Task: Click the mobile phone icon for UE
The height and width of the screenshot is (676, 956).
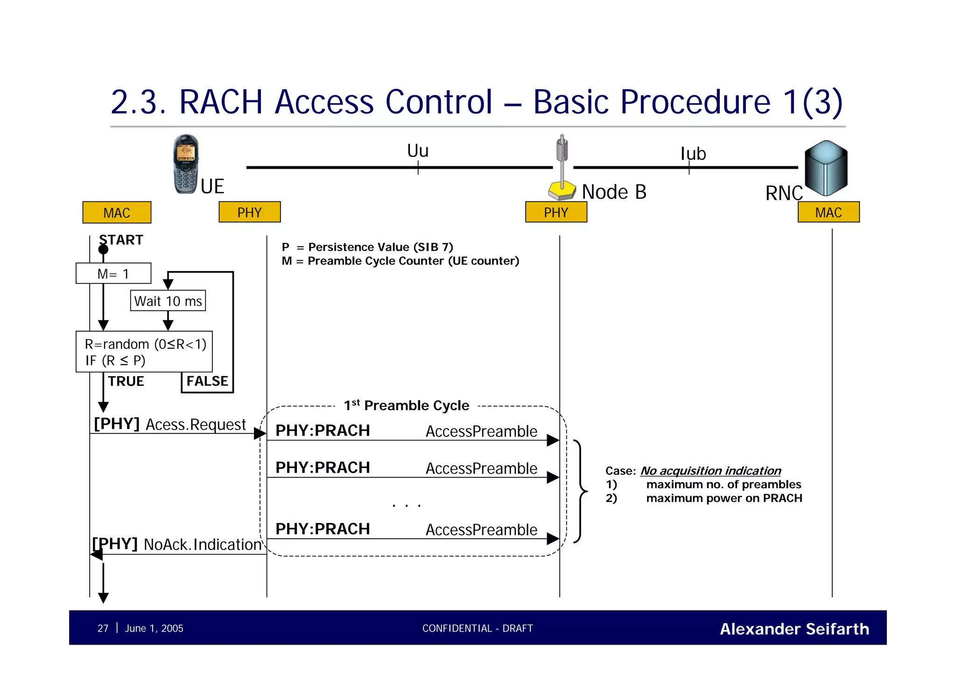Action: pyautogui.click(x=186, y=164)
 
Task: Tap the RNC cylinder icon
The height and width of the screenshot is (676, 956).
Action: pyautogui.click(x=826, y=168)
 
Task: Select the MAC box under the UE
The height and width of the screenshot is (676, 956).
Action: pyautogui.click(x=117, y=213)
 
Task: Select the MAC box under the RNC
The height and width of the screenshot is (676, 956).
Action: pyautogui.click(x=828, y=212)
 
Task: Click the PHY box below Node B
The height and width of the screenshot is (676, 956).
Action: pyautogui.click(x=555, y=212)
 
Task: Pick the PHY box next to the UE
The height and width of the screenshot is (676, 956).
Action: pyautogui.click(x=249, y=212)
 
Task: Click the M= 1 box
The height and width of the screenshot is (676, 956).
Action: pyautogui.click(x=113, y=274)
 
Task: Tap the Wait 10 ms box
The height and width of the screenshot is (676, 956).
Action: pyautogui.click(x=168, y=301)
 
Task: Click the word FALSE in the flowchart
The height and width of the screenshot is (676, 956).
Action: pyautogui.click(x=207, y=381)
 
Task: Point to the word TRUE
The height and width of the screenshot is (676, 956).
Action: pyautogui.click(x=126, y=381)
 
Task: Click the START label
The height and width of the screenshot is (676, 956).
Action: pyautogui.click(x=121, y=240)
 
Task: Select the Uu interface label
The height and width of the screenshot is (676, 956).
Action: pyautogui.click(x=417, y=151)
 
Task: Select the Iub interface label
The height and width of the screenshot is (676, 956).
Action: pyautogui.click(x=693, y=154)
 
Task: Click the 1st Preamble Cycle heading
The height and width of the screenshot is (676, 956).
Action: pyautogui.click(x=406, y=405)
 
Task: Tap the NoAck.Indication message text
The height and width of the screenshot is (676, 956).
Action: pyautogui.click(x=202, y=545)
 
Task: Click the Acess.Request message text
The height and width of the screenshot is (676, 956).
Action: pyautogui.click(x=196, y=425)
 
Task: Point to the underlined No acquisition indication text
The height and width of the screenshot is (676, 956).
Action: pyautogui.click(x=710, y=470)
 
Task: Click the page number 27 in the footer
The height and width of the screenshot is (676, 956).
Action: pyautogui.click(x=103, y=628)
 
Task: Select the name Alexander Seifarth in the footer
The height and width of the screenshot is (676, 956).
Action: pyautogui.click(x=794, y=629)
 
